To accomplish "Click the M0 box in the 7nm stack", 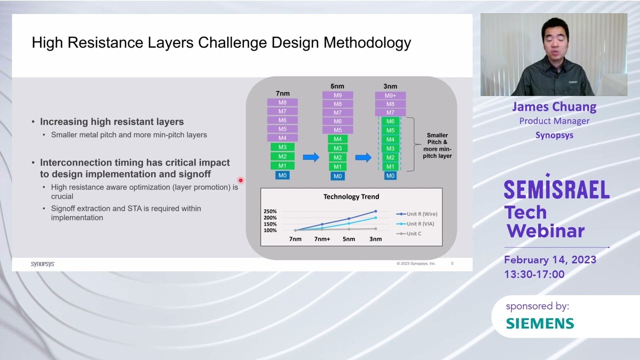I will pos(282,175).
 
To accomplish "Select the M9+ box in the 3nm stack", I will pos(390,95).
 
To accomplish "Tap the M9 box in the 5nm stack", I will pos(337,95).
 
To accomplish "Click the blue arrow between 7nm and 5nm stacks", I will pos(310,157).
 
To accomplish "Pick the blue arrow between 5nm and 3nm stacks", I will pos(363,157).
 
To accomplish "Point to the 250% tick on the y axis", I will pos(270,211).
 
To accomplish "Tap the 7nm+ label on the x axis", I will pos(322,239).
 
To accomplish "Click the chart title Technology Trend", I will pos(351,196).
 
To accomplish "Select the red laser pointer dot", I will pos(240,180).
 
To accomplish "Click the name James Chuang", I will pos(554,106).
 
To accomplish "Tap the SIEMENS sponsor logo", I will pos(540,323).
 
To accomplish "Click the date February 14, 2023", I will pos(550,260).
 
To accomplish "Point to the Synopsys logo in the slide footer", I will pos(42,264).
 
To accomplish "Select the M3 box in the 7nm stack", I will pos(282,147).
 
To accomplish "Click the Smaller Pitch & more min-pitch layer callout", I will pos(437,145).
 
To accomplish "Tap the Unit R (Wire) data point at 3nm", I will pos(375,211).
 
